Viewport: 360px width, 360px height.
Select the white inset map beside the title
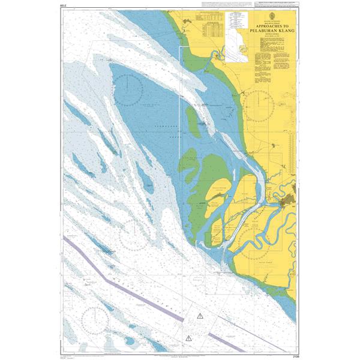coord(239,46)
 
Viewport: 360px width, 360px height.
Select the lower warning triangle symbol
coord(190,337)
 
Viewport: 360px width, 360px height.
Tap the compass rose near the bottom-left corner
coord(96,318)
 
